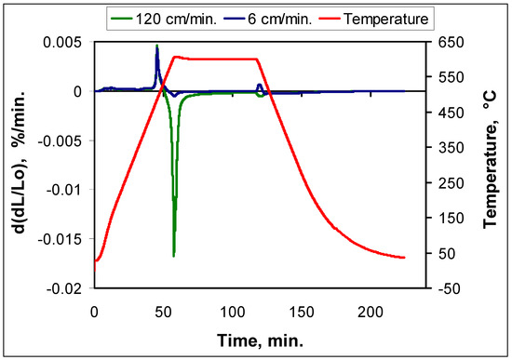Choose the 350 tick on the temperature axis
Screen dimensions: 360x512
(x=445, y=148)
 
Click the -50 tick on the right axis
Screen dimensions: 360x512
(x=444, y=289)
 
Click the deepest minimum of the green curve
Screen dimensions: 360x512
(x=174, y=255)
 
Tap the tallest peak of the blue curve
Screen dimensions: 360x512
(x=157, y=46)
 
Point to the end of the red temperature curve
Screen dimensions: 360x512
(x=404, y=258)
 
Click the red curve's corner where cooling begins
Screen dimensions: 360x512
(x=257, y=60)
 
